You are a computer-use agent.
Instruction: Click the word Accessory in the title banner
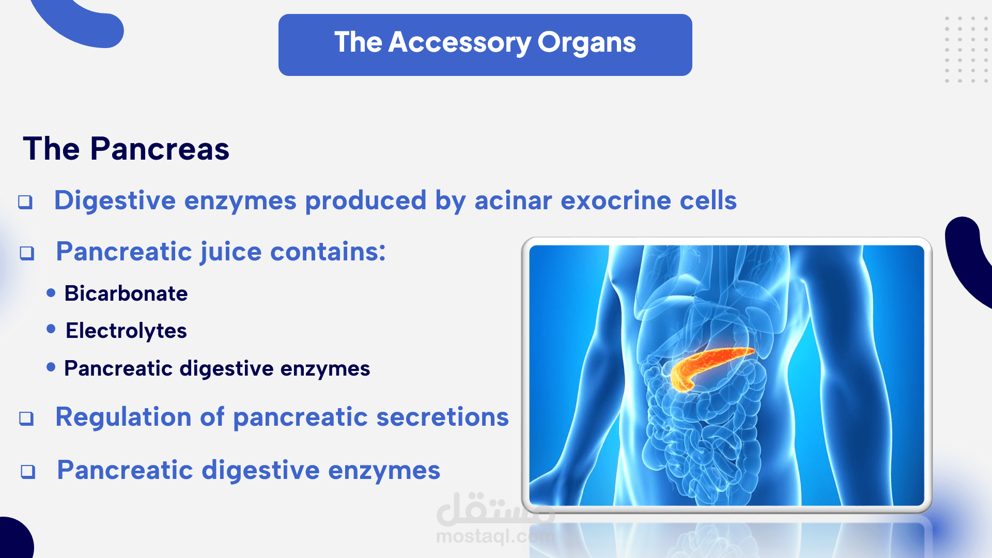click(x=459, y=43)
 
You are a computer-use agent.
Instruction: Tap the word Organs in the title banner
click(x=586, y=43)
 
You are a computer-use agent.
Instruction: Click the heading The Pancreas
click(x=126, y=149)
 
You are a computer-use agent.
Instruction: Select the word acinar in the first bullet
click(x=513, y=200)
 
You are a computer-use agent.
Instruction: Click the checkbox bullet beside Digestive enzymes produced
click(x=25, y=202)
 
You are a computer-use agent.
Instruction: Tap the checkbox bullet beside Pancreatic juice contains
click(x=27, y=253)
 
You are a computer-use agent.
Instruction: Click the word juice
click(x=231, y=253)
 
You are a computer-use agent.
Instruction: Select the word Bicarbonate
click(x=126, y=293)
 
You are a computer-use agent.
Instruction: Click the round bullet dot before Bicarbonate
click(x=51, y=293)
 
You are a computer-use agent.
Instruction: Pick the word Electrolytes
click(x=126, y=331)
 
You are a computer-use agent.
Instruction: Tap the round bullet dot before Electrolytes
click(x=51, y=329)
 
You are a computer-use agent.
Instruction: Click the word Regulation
click(x=123, y=417)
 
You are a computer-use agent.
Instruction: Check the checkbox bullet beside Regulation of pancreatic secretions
click(x=26, y=419)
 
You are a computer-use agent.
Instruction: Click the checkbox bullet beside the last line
click(x=28, y=472)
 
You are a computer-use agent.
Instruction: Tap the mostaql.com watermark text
click(x=495, y=537)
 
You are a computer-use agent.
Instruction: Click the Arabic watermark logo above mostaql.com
click(x=495, y=509)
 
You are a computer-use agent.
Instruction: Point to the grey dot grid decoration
click(x=966, y=50)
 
